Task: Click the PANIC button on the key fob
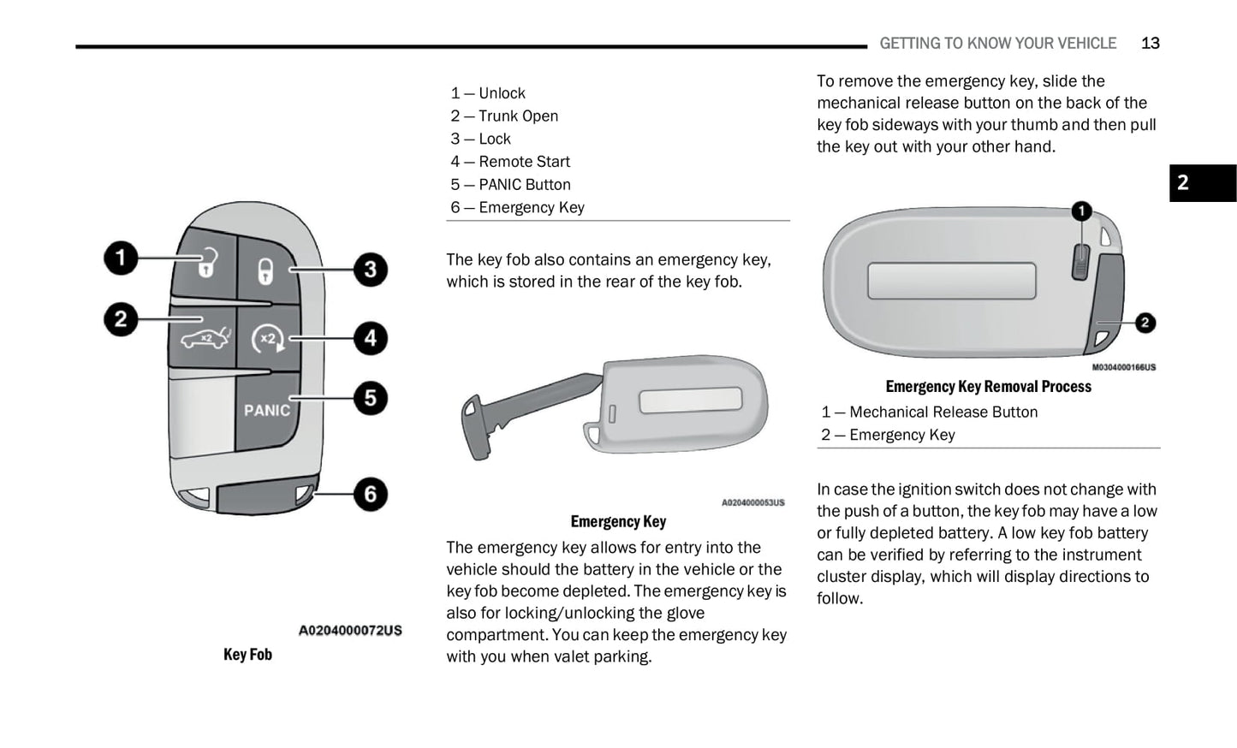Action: (266, 410)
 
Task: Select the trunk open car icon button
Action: (205, 338)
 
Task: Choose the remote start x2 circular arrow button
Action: (268, 339)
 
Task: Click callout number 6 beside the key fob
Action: (370, 494)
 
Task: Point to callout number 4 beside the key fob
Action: (370, 338)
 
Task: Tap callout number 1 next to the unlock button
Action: (121, 258)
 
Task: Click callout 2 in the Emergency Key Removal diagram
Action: (1145, 323)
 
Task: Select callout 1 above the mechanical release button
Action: (1081, 211)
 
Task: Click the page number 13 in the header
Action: (1150, 44)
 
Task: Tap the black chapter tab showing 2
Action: (1202, 183)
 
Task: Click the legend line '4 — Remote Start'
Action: (510, 162)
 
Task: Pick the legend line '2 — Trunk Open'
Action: (504, 116)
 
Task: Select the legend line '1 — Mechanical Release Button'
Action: (929, 413)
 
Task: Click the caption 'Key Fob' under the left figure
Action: (247, 655)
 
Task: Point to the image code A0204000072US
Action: (349, 631)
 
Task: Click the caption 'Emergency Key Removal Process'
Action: (988, 387)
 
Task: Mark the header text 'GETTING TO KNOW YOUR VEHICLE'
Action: (997, 44)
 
